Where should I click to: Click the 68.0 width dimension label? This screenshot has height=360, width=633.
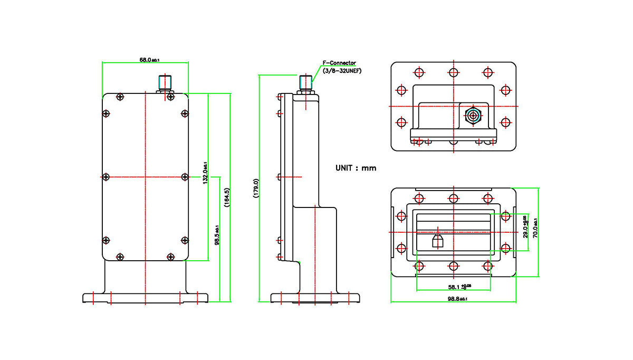pos(149,60)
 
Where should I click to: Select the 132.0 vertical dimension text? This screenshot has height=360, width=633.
pos(205,172)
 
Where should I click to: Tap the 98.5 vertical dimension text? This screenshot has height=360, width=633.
pos(217,235)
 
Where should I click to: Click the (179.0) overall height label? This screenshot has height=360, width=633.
pos(256,188)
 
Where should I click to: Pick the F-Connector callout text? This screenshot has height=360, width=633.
pos(339,63)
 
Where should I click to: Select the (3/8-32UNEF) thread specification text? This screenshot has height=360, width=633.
pos(341,70)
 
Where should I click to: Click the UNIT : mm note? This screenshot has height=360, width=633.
pos(356,168)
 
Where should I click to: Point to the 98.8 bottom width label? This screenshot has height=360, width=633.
pos(457,299)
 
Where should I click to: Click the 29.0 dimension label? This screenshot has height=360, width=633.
pos(525,226)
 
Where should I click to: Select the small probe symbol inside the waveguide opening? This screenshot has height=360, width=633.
pos(437,241)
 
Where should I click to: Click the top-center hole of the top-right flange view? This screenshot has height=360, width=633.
pos(453,72)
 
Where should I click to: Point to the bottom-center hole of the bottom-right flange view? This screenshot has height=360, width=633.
pos(453,266)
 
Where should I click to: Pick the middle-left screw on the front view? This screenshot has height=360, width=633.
pos(105,176)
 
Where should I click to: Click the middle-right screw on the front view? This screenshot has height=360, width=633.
pos(185,176)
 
